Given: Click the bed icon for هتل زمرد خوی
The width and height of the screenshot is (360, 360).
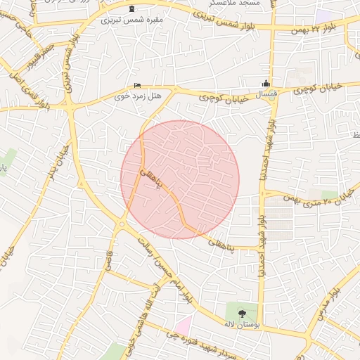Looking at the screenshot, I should [137, 84].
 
